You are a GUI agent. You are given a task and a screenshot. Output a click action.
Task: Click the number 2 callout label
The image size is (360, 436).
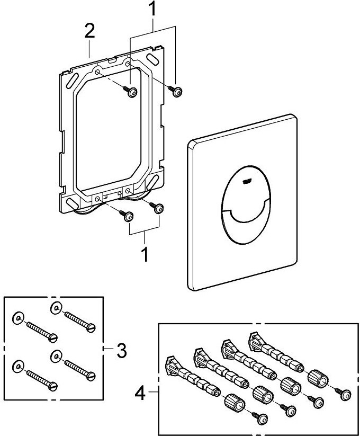89,31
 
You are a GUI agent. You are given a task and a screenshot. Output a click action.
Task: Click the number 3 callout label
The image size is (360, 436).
121,350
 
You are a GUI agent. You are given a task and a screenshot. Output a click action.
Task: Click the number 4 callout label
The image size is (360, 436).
140,393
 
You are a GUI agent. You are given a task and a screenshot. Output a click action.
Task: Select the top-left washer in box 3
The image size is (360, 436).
17,318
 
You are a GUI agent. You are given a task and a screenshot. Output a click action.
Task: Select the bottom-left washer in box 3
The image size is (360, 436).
17,366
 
